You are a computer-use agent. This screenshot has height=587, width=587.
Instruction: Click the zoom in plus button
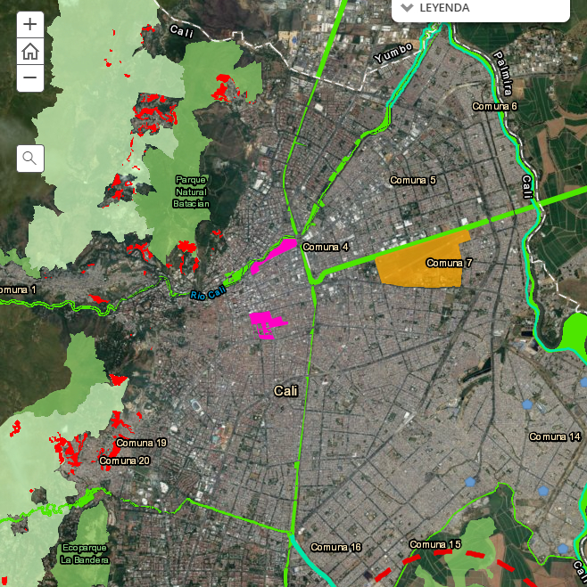pos(30,24)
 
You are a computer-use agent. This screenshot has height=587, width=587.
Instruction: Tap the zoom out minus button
pos(30,77)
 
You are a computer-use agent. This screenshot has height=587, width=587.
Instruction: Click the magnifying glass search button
pos(30,159)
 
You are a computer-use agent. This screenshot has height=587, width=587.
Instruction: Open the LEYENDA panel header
pos(437,8)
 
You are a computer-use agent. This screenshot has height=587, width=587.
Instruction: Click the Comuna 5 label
pos(413,181)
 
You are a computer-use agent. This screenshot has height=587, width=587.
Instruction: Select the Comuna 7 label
pos(449,263)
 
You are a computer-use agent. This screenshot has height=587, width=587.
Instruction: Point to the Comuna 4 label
pos(326,247)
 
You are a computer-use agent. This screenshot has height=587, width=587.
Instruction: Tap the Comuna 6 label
pos(495,106)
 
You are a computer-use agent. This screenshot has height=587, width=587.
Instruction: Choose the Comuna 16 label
pos(335,547)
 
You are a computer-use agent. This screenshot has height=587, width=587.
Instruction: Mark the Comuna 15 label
pos(435,544)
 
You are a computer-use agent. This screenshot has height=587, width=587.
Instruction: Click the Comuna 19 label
pos(141,443)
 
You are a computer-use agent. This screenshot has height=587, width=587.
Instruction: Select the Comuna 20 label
pos(125,461)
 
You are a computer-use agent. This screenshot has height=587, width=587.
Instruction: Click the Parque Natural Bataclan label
pos(192,191)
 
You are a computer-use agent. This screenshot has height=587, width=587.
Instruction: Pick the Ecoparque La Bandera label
pos(85,553)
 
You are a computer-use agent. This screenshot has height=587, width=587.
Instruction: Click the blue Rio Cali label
pos(209,290)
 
